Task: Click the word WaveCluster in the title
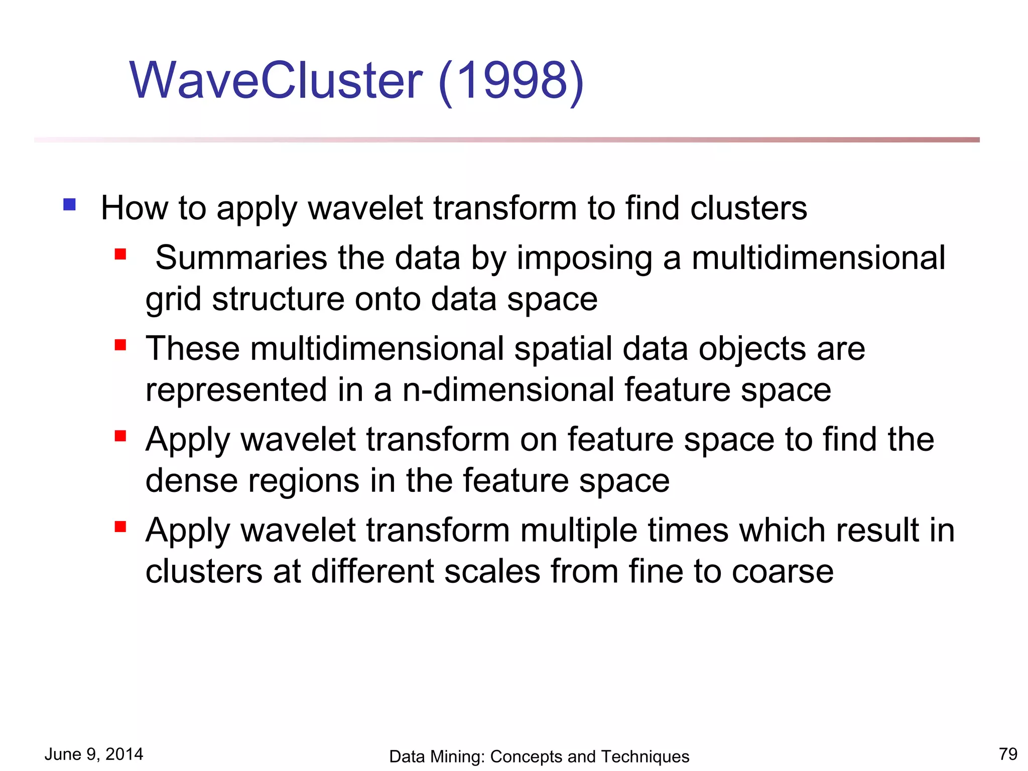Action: click(276, 80)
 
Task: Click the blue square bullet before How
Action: click(69, 204)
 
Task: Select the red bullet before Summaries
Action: click(120, 254)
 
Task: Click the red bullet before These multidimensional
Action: click(120, 345)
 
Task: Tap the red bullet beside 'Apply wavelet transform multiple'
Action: click(120, 527)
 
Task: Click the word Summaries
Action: click(241, 258)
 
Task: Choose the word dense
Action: click(191, 480)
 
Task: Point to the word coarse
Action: click(783, 572)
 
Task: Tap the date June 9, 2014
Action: click(94, 754)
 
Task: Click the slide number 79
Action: click(1008, 754)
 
